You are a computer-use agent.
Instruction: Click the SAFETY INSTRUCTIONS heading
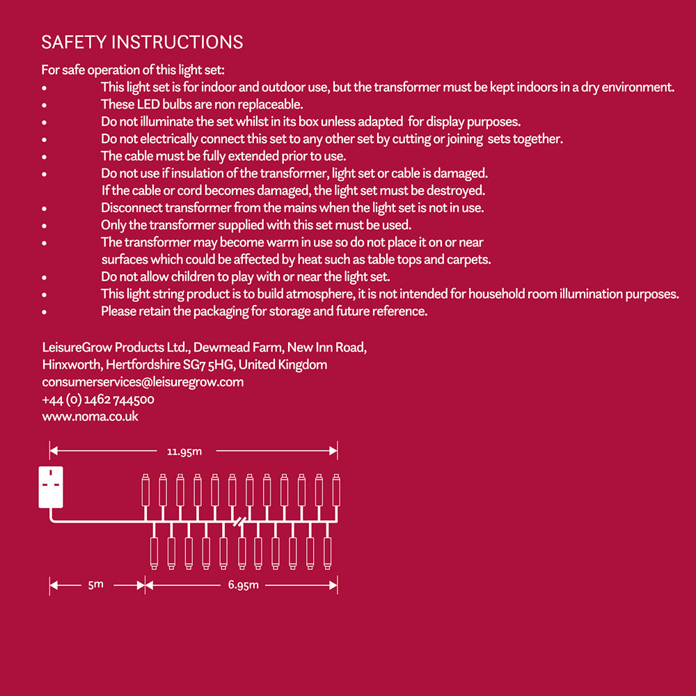142,42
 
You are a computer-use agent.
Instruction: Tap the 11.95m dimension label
184,451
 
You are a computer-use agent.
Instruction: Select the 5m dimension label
95,585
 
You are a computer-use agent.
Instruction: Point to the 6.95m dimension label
243,585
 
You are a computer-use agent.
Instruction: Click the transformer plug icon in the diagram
51,487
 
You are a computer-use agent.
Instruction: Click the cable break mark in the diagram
240,521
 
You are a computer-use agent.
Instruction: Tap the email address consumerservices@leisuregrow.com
143,382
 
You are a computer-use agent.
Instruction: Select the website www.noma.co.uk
90,416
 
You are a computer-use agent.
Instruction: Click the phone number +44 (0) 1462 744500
98,400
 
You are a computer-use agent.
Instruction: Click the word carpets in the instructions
470,260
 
